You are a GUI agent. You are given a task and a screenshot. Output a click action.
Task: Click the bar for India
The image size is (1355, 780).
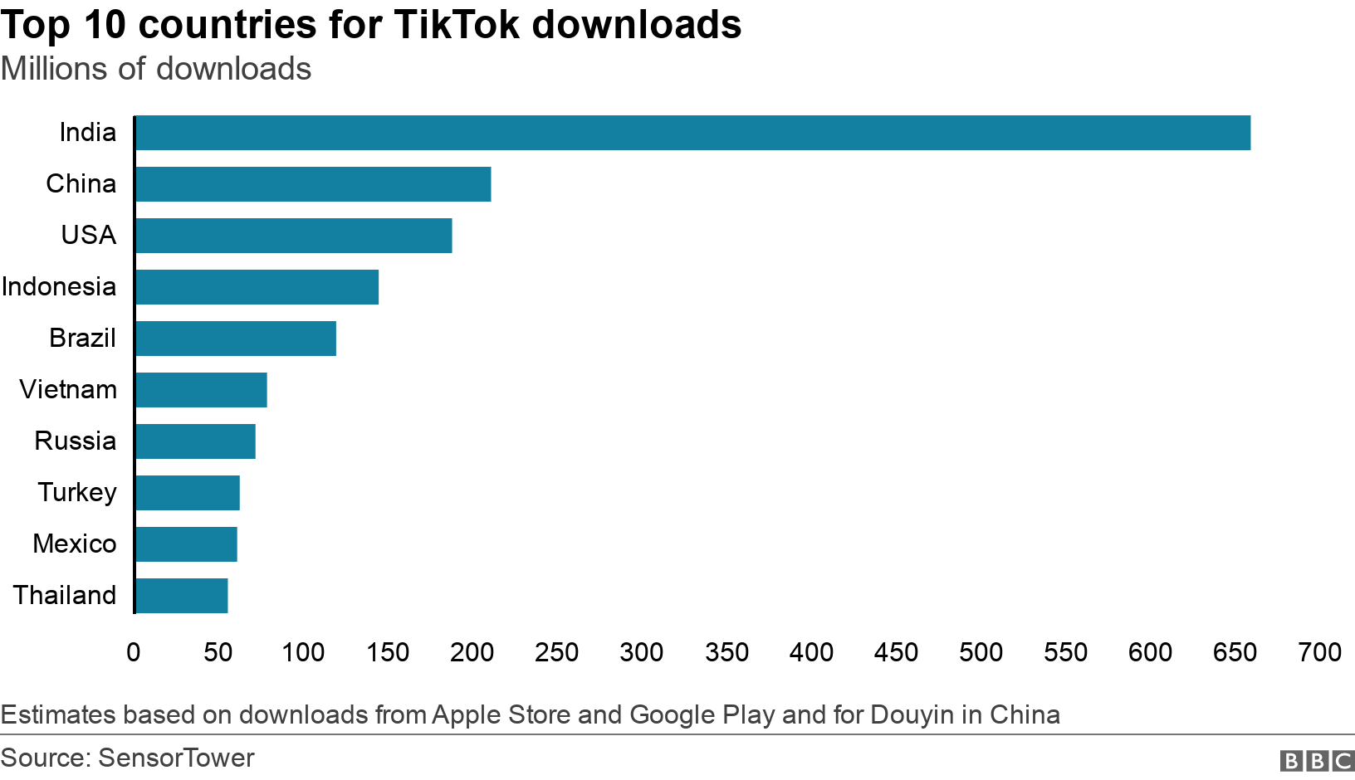tap(692, 133)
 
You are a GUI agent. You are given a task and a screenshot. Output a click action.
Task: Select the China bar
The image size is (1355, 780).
tap(313, 184)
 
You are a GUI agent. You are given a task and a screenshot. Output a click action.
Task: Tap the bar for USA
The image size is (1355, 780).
tap(293, 236)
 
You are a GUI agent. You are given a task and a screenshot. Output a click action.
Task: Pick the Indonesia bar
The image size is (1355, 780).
tap(257, 287)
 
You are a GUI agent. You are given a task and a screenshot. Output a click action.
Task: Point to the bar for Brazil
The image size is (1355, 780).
tap(236, 339)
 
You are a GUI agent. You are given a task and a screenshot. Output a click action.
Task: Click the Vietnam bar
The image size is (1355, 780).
tap(201, 390)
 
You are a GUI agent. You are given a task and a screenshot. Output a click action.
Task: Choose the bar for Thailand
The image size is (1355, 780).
tap(181, 596)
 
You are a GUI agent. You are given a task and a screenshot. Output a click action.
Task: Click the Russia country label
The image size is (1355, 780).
tap(75, 441)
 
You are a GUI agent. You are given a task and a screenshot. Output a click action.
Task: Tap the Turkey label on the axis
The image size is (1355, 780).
tap(77, 492)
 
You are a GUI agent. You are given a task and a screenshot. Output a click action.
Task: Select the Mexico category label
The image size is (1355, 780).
tap(75, 544)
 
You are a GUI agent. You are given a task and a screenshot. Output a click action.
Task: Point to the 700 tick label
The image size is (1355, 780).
tap(1319, 652)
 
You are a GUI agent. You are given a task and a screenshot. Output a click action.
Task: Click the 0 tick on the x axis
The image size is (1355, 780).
tap(134, 652)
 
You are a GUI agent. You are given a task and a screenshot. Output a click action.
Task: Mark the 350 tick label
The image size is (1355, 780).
tap(726, 652)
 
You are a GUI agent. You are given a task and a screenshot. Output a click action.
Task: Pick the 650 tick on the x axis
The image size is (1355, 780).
tap(1235, 652)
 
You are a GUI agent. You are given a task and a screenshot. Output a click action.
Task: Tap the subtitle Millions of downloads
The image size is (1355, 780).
tap(156, 69)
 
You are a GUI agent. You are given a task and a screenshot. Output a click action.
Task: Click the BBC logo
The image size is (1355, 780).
tap(1317, 760)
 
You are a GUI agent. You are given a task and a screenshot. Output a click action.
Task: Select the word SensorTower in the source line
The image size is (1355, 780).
tap(176, 758)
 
